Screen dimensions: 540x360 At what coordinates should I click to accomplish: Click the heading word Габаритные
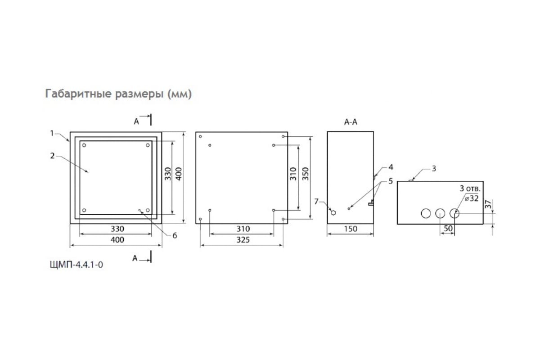[x=78, y=94]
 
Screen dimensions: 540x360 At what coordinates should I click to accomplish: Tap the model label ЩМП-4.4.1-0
[x=76, y=265]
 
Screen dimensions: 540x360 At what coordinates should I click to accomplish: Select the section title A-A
[x=351, y=122]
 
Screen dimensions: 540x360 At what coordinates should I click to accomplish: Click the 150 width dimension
[x=351, y=229]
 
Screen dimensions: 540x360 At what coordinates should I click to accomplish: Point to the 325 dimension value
[x=243, y=240]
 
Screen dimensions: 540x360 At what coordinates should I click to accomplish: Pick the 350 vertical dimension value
[x=305, y=174]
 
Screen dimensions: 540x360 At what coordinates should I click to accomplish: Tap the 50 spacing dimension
[x=448, y=228]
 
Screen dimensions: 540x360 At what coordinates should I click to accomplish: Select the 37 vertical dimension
[x=488, y=204]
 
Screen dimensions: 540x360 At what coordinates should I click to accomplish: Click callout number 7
[x=316, y=201]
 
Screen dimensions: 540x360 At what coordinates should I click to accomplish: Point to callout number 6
[x=175, y=236]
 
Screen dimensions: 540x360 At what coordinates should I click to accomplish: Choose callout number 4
[x=391, y=167]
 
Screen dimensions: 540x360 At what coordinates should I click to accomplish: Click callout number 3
[x=434, y=169]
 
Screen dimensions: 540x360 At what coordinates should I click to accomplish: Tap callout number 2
[x=52, y=156]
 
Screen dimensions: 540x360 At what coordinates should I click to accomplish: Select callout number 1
[x=52, y=133]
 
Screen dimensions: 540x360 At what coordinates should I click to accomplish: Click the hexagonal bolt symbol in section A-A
[x=333, y=213]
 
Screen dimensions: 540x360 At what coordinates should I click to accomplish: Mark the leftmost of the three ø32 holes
[x=426, y=213]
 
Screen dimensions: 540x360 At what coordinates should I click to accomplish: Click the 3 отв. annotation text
[x=470, y=188]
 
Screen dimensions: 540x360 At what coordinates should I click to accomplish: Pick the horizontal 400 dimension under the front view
[x=117, y=240]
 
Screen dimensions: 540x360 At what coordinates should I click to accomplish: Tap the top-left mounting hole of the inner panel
[x=84, y=145]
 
